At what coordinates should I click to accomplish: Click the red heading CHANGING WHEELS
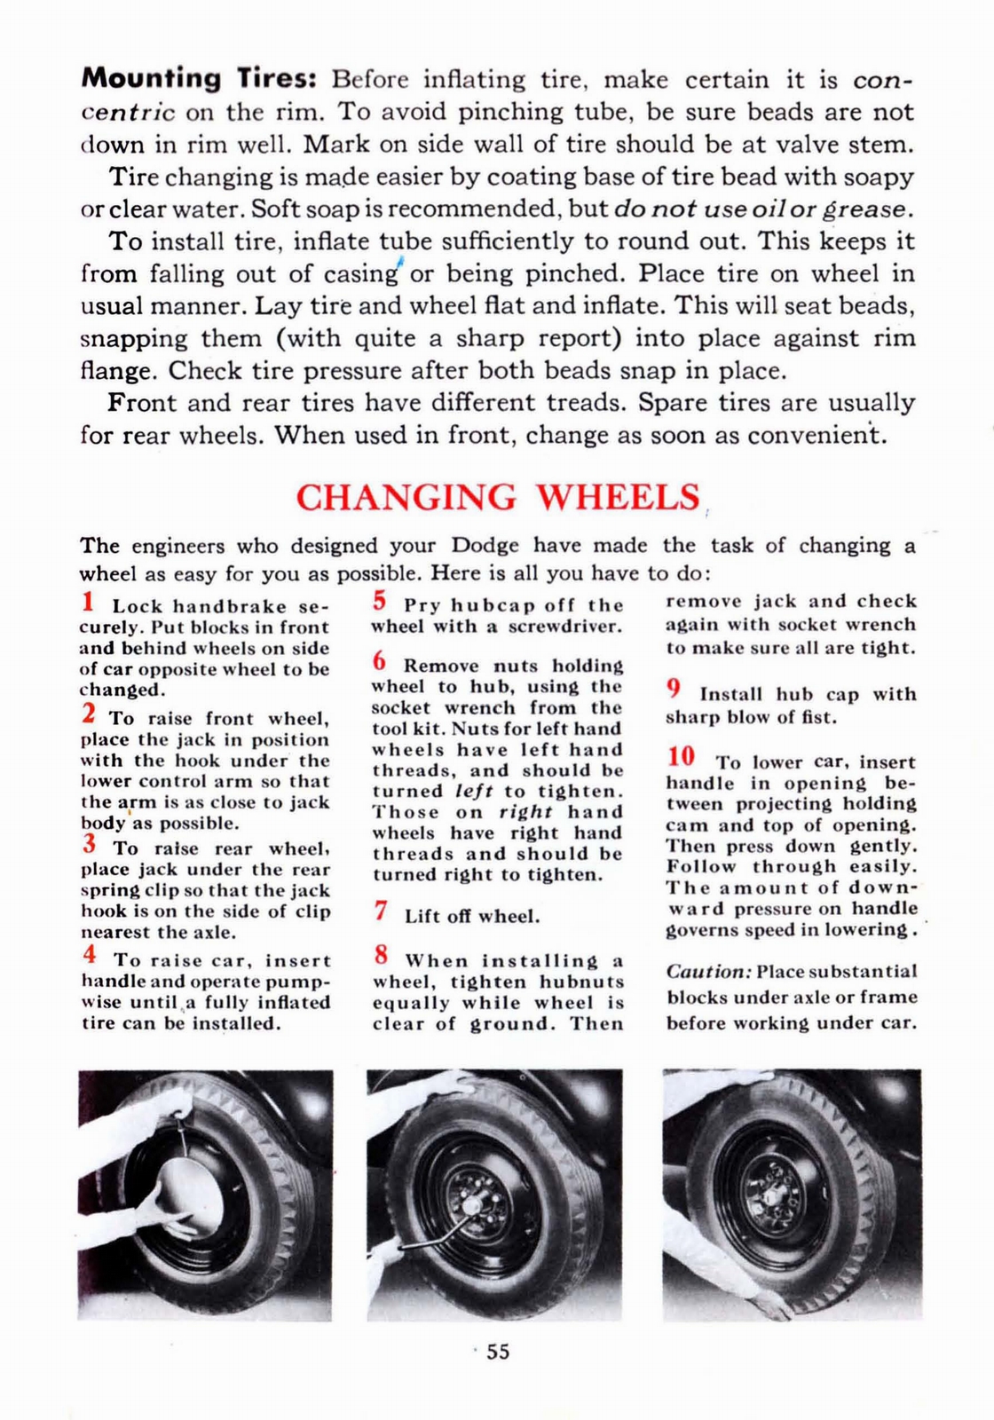[x=497, y=498]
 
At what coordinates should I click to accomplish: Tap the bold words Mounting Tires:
[x=199, y=79]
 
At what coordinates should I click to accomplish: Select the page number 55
[x=498, y=1352]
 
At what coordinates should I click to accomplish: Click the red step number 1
[x=88, y=603]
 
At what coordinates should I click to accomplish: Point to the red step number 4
[x=89, y=956]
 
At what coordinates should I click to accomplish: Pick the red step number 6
[x=380, y=661]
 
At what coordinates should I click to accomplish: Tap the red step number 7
[x=381, y=911]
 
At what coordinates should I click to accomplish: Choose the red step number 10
[x=681, y=757]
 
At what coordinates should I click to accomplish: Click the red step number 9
[x=674, y=690]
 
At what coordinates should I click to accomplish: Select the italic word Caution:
[x=709, y=972]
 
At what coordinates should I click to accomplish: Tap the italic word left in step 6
[x=473, y=791]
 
